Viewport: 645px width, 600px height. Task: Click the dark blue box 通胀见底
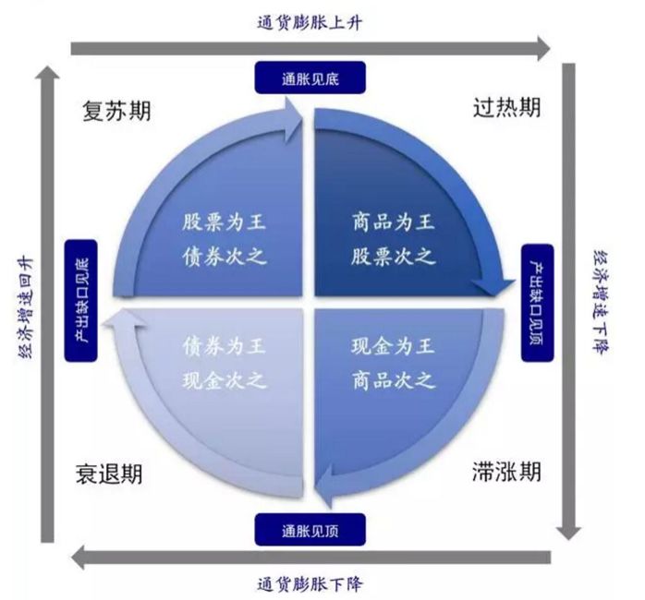[x=310, y=78]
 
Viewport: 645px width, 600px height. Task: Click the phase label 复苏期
[x=116, y=112]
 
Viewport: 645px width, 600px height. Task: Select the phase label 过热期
[x=506, y=108]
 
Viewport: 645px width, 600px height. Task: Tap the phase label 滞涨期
[x=506, y=474]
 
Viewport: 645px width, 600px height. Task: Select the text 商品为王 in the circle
[x=393, y=222]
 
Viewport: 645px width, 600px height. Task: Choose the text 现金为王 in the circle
[x=393, y=347]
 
